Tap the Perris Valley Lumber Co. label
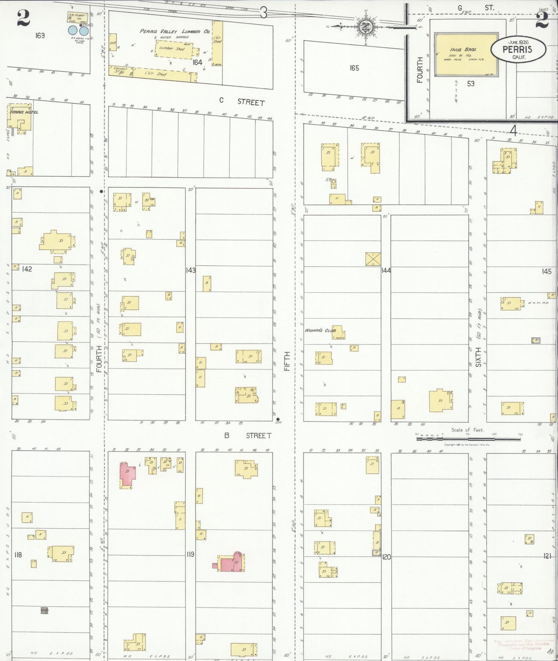(x=175, y=31)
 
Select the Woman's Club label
(x=320, y=330)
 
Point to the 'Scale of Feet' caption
(x=467, y=430)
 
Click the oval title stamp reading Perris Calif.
(x=518, y=49)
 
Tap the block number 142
(x=26, y=269)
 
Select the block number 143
(x=190, y=270)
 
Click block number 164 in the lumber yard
(x=197, y=63)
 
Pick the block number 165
(x=354, y=68)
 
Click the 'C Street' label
(x=242, y=102)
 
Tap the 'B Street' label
(x=247, y=435)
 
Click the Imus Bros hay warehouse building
(x=466, y=55)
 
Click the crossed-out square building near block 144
(x=373, y=259)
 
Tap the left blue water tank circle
(x=73, y=30)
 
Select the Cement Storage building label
(x=121, y=70)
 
